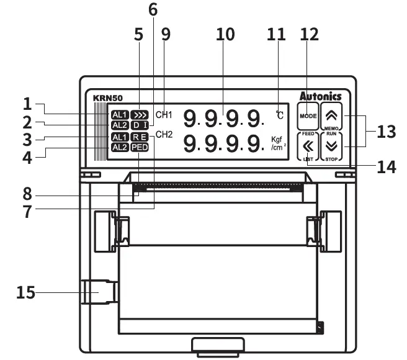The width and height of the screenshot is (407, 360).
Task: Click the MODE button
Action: (308, 115)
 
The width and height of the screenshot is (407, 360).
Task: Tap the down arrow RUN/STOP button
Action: (332, 147)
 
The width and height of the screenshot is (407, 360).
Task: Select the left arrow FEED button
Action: (308, 147)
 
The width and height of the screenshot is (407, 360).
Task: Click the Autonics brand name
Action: (320, 96)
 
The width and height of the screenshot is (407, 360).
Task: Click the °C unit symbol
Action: (280, 115)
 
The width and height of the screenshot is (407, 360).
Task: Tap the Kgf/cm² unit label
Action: (278, 144)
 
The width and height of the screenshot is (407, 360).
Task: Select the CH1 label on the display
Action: (164, 115)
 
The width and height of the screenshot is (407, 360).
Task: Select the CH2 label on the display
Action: (164, 135)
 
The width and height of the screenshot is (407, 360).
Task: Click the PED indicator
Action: (140, 147)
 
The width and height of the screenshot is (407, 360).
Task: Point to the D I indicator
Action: (140, 125)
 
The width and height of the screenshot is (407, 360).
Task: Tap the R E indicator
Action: (140, 137)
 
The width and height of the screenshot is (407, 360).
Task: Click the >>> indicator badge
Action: (140, 115)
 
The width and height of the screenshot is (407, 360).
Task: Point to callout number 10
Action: (225, 34)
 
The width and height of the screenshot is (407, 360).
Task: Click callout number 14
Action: (387, 167)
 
